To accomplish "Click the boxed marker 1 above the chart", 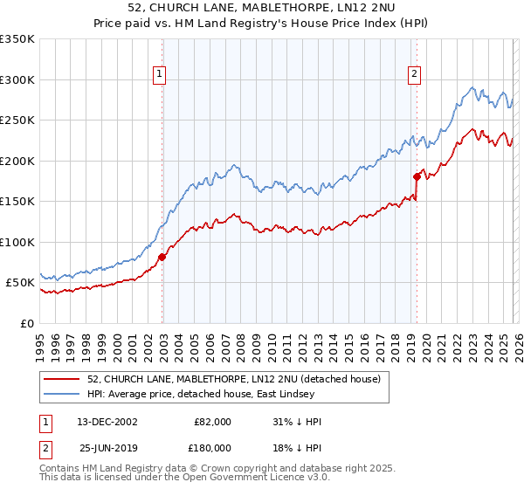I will tap(161, 76).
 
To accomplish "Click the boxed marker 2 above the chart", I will tap(414, 76).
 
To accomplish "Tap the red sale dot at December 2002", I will tap(162, 257).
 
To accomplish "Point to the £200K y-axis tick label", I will tap(17, 161).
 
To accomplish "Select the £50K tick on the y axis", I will tap(20, 283).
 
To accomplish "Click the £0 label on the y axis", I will tap(28, 323).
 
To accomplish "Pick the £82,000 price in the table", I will tap(213, 422).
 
